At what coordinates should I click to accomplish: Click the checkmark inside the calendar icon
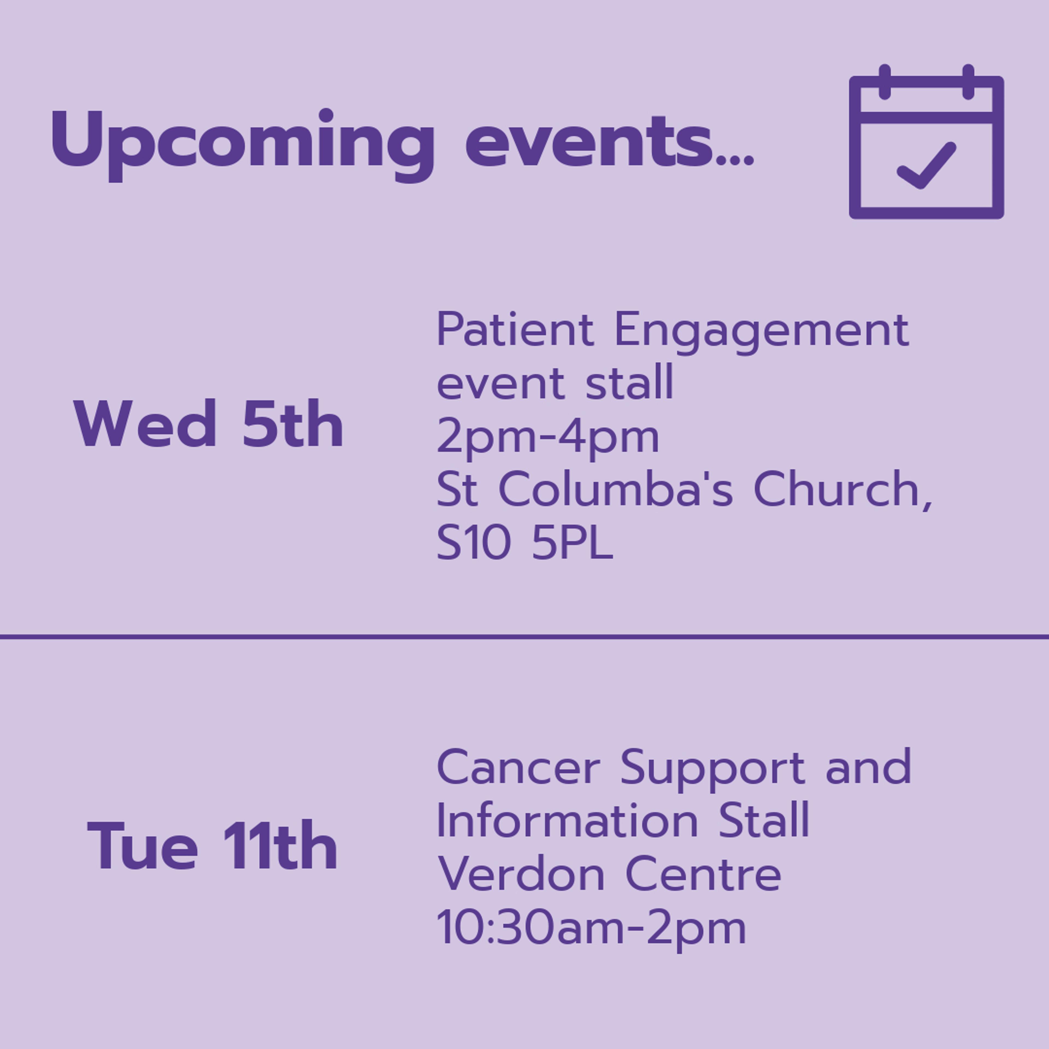pos(926,166)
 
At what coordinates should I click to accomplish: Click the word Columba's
pos(616,489)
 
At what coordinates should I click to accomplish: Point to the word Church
pos(843,490)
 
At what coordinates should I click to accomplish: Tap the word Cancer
pos(518,767)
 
